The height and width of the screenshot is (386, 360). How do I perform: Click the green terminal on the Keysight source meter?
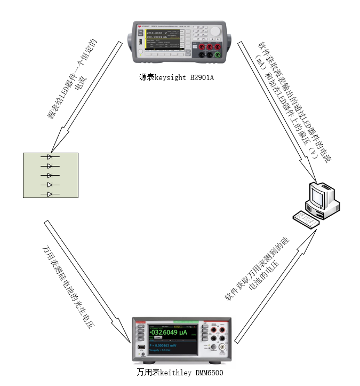tap(218, 54)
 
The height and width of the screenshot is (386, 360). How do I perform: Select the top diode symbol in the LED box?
tap(50, 157)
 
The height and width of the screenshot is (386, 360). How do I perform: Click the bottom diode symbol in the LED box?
tap(50, 194)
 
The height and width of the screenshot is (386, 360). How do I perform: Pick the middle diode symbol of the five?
tap(50, 176)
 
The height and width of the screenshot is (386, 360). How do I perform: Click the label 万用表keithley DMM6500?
tap(180, 372)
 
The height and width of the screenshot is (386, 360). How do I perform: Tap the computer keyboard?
tap(305, 218)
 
